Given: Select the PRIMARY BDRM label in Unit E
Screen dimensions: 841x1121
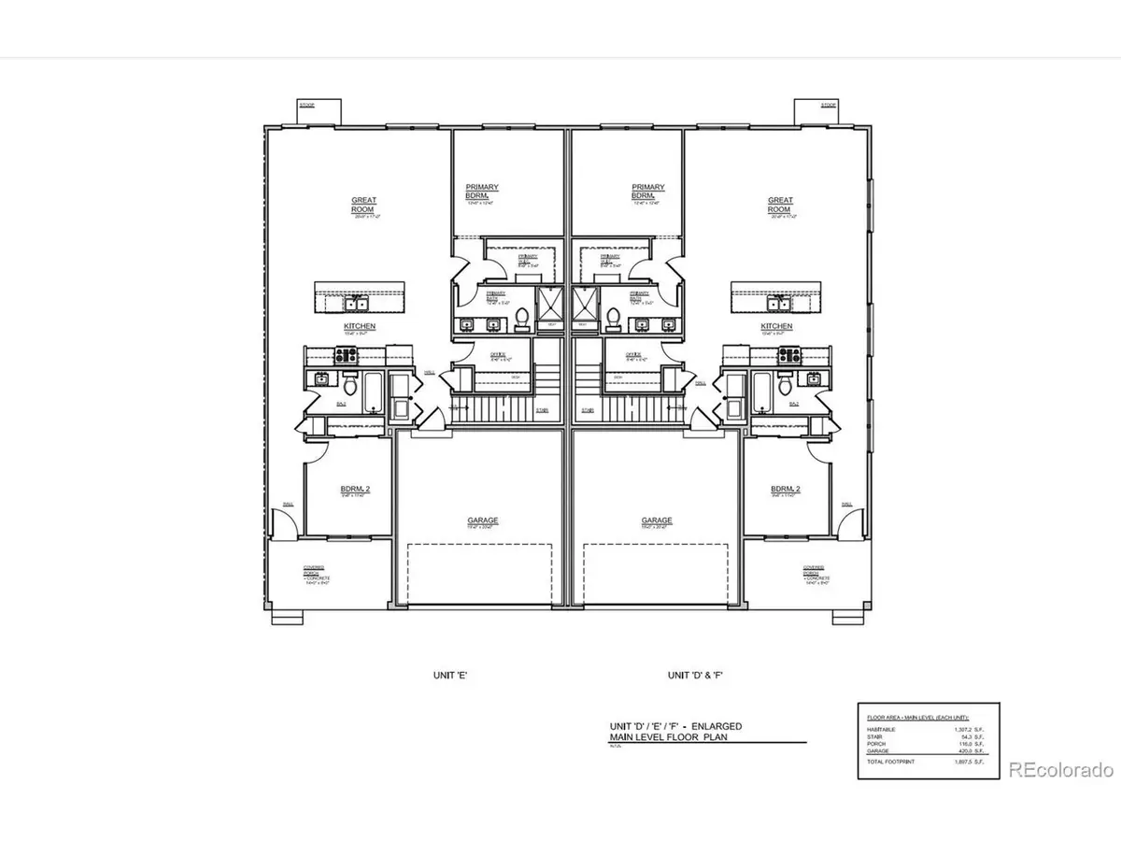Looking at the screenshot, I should click(482, 192).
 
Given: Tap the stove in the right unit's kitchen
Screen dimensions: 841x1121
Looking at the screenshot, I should click(792, 354).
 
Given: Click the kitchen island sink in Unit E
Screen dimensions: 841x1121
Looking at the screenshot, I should click(355, 304).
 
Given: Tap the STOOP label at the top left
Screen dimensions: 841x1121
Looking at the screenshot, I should click(306, 106).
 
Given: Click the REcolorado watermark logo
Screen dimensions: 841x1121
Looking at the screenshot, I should click(1061, 770).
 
